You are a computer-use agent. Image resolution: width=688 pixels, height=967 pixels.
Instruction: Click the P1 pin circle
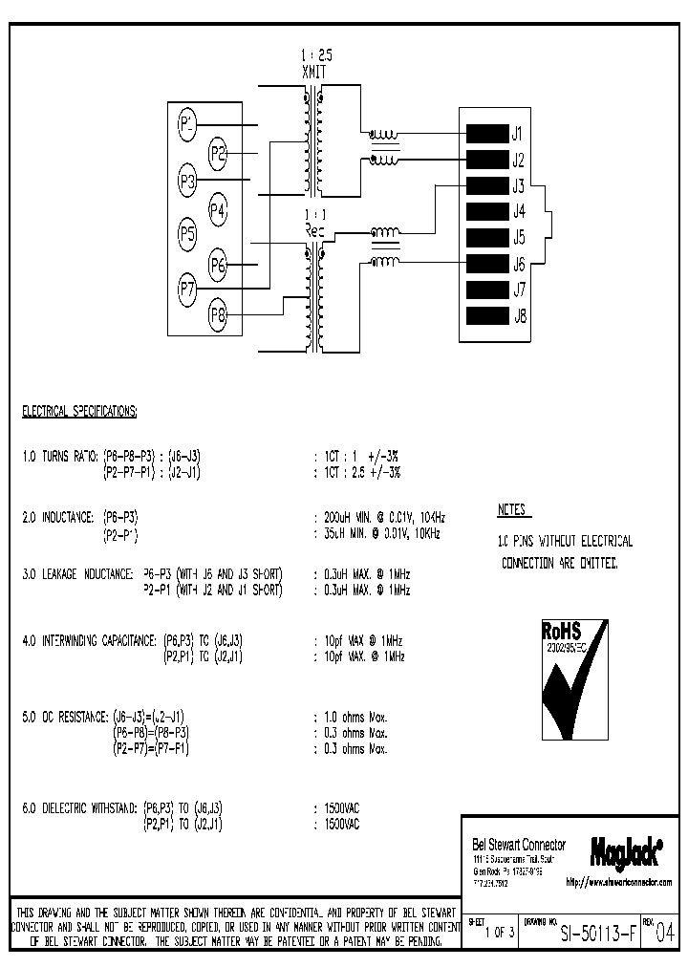(187, 123)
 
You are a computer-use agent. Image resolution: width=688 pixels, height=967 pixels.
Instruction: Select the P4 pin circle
(217, 208)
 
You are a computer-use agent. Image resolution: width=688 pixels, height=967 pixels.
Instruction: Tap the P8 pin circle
(217, 312)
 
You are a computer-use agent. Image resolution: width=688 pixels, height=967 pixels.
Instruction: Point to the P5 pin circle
(187, 233)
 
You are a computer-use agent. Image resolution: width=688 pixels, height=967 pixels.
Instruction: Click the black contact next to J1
(485, 133)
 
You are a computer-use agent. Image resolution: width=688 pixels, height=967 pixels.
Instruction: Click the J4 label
(519, 211)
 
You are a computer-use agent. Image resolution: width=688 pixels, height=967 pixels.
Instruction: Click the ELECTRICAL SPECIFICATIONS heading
(79, 412)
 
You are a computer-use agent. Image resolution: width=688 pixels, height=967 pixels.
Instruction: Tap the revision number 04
(664, 931)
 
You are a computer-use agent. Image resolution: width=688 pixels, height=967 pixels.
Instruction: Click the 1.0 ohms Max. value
(355, 716)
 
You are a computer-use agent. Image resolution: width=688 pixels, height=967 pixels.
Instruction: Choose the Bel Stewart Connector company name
(519, 845)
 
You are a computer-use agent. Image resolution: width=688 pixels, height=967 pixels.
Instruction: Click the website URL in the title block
(619, 882)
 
